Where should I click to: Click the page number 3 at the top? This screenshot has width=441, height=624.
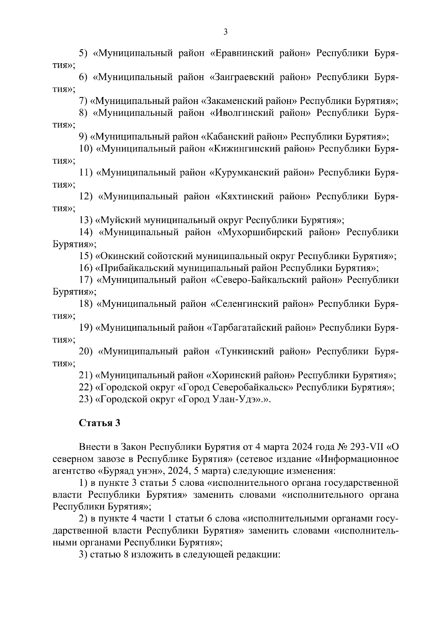(x=225, y=32)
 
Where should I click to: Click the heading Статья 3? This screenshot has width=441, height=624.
(x=100, y=423)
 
